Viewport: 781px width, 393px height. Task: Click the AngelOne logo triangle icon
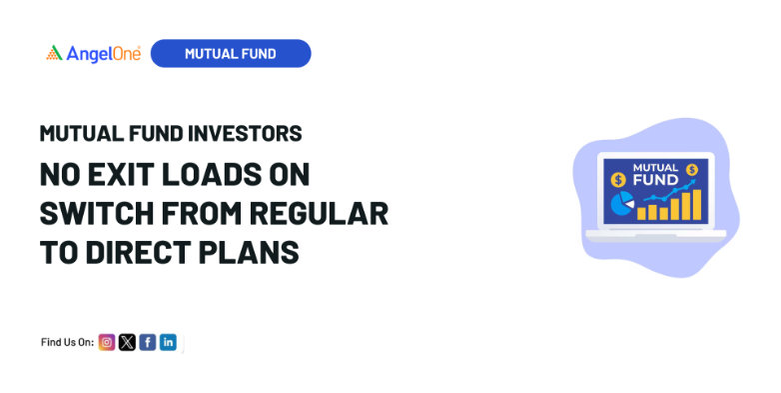(x=55, y=53)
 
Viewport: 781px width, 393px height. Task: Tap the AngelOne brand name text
(x=103, y=53)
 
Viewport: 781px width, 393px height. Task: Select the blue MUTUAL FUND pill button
(x=231, y=53)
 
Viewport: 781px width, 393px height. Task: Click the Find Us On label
(x=67, y=342)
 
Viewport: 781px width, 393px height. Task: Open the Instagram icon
(x=107, y=342)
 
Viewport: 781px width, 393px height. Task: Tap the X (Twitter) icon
(x=127, y=342)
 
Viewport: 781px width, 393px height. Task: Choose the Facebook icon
(x=147, y=342)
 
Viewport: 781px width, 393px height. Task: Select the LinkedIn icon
(x=168, y=342)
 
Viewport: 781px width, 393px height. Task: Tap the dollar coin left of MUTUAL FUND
(x=618, y=180)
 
